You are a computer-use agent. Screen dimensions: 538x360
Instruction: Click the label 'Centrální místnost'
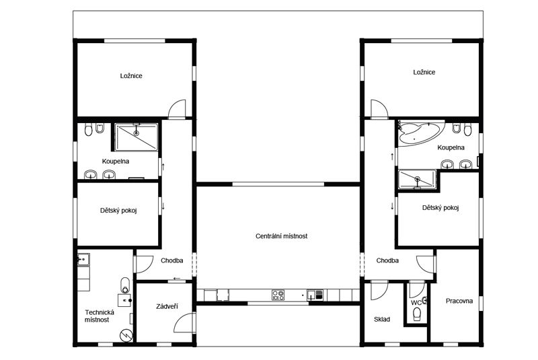coord(281,236)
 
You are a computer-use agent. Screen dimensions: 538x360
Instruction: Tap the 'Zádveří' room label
coord(167,306)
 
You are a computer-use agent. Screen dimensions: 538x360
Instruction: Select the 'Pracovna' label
coord(459,301)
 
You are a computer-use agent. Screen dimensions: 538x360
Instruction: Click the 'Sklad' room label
coord(382,320)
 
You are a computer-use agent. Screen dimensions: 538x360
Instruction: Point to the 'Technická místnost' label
coord(99,316)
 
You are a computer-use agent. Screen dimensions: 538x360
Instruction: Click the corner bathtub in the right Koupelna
coord(421,133)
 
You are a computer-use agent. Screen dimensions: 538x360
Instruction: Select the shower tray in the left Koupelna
coord(137,137)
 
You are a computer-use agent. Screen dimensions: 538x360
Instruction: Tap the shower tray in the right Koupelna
coord(417,179)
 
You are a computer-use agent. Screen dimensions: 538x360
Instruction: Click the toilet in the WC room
coord(417,314)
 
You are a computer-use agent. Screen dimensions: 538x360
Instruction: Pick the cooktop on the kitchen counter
coord(278,295)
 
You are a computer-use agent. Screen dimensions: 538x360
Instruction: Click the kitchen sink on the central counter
coord(315,295)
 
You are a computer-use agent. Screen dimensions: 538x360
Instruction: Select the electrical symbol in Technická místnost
coord(126,335)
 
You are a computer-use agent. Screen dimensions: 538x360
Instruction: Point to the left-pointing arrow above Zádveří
coord(177,279)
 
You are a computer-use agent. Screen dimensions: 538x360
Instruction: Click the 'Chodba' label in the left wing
coord(172,260)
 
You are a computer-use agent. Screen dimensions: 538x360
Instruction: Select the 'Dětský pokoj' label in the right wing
coord(440,208)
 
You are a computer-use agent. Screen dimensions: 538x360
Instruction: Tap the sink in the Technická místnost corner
coord(83,260)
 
